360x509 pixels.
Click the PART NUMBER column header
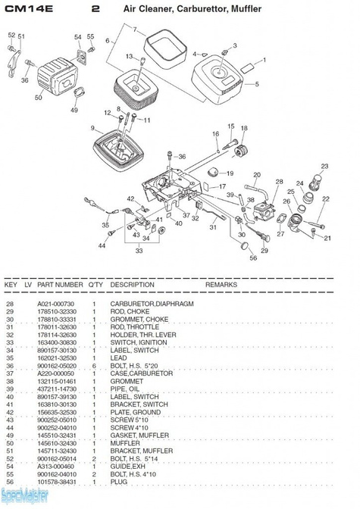60,284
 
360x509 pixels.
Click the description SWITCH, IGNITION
136,342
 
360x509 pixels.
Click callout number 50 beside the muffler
39,98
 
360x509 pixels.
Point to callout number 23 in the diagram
324,166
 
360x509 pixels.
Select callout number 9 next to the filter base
92,128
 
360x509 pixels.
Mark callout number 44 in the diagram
102,246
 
